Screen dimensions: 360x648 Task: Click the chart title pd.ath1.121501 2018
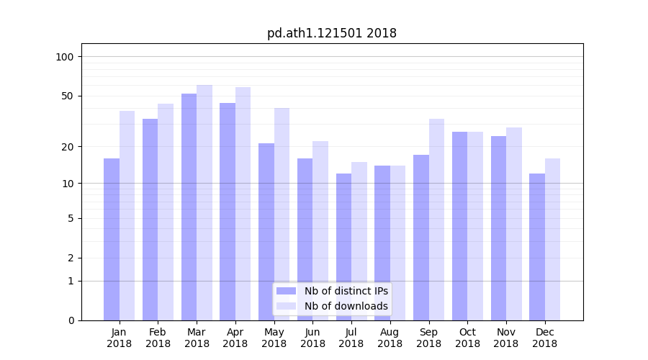331,33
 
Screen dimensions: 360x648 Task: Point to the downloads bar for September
436,220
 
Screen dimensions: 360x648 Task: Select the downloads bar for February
166,212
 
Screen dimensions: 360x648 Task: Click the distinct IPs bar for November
498,228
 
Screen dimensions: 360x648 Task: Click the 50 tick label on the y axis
67,96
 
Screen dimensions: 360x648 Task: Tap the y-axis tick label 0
71,320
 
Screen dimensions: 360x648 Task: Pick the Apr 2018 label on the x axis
235,338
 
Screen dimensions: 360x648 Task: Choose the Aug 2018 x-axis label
390,338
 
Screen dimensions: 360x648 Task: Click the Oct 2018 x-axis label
467,338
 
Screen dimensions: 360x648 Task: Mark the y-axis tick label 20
67,147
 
